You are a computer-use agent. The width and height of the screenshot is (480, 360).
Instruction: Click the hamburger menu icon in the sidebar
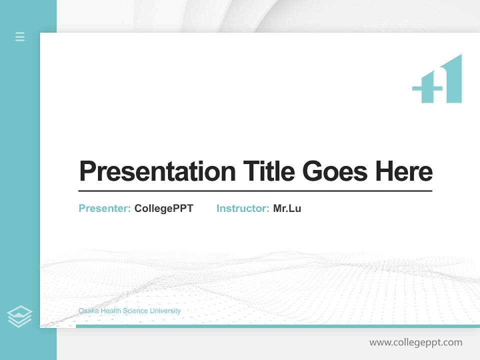[20, 36]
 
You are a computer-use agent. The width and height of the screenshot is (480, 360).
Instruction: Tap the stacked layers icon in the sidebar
[19, 316]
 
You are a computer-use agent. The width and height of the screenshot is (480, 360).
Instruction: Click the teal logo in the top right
[437, 80]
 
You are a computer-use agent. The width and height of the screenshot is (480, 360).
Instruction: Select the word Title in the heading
[269, 171]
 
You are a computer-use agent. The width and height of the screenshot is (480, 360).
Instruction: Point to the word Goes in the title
[335, 171]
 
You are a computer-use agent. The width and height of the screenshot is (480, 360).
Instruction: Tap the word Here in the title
[404, 171]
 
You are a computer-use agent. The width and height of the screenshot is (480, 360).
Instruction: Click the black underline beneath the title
[255, 190]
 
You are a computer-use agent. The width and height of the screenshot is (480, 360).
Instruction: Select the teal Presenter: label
[105, 208]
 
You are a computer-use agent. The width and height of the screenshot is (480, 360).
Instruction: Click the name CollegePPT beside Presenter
[163, 208]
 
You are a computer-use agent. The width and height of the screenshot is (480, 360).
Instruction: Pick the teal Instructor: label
[243, 208]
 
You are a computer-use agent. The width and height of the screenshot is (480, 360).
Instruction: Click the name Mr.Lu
[287, 208]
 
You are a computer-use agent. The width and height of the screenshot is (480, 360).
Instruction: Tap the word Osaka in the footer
[88, 311]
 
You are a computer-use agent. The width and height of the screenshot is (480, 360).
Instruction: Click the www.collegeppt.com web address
[415, 342]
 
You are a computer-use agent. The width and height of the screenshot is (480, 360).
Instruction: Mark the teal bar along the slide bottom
[277, 326]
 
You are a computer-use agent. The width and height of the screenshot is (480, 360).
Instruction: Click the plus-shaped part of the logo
[426, 89]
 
